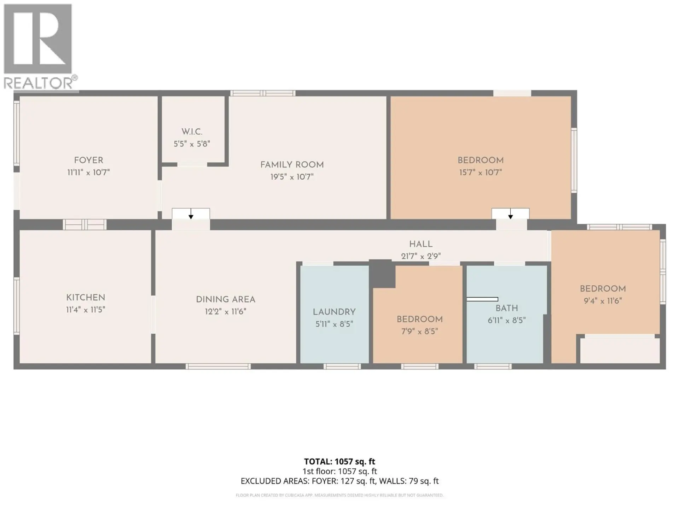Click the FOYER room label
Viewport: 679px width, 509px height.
coord(88,160)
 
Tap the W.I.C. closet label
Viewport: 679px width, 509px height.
coord(192,132)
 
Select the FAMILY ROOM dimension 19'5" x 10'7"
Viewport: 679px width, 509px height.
coord(292,177)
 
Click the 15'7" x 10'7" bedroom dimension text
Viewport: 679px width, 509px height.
coord(480,172)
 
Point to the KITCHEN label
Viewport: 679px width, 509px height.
coord(86,298)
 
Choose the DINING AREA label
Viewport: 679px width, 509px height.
coord(226,299)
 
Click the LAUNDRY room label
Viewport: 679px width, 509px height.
coord(334,312)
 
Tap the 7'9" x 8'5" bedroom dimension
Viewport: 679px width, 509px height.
coord(419,331)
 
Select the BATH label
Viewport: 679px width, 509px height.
coord(506,308)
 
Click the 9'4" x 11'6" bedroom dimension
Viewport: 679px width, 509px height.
coord(603,301)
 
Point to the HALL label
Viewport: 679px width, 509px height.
coord(420,244)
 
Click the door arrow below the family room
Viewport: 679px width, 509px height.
coord(191,214)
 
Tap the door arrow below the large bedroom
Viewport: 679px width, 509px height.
coord(510,214)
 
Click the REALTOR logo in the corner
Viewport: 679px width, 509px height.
coord(39,46)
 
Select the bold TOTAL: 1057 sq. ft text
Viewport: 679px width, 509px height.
coord(339,462)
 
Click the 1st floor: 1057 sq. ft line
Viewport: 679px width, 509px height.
coord(339,471)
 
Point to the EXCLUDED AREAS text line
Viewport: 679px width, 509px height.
coord(339,481)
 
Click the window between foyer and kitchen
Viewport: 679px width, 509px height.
coord(85,224)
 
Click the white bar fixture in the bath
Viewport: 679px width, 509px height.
coord(482,299)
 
